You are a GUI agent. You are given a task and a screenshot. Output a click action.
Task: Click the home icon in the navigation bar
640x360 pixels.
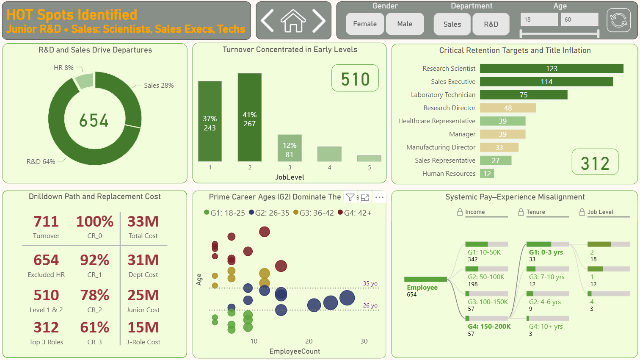click(293, 21)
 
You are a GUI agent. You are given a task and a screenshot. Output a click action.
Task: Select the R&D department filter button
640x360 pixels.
click(491, 24)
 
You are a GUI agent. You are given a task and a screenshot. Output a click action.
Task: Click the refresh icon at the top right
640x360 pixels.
click(618, 20)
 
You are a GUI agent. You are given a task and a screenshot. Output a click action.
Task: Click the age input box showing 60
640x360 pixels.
click(579, 19)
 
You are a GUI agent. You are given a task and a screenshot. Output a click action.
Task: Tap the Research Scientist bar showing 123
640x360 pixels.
click(551, 69)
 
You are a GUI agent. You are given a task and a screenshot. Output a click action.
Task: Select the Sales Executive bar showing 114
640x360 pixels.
click(546, 82)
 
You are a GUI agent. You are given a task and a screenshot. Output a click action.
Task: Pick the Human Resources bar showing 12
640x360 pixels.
click(487, 174)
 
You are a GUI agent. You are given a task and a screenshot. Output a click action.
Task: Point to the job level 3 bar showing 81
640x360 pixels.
click(290, 148)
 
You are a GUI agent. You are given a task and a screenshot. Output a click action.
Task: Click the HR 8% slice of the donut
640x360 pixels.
click(85, 81)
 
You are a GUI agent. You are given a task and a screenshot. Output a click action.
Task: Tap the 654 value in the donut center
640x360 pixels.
click(94, 121)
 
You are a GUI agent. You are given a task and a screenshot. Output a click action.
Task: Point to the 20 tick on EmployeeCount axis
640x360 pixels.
click(309, 341)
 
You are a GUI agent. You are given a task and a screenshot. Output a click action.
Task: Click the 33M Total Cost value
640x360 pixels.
click(143, 222)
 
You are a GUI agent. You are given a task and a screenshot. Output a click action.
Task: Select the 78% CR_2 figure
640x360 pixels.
click(94, 295)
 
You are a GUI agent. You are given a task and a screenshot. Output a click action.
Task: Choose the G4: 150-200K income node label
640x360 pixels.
click(489, 327)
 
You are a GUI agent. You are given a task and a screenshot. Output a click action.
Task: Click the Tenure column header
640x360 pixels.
click(535, 212)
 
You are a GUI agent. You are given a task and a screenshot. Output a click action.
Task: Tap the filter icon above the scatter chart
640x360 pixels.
click(350, 197)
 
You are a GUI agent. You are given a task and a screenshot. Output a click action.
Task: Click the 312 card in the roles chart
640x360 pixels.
click(595, 163)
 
